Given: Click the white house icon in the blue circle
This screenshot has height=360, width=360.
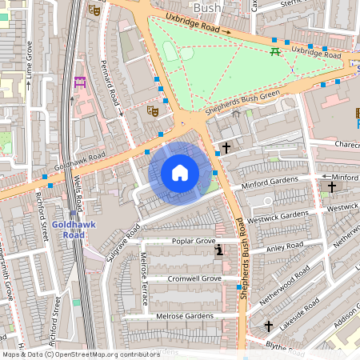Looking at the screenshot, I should tap(180, 173).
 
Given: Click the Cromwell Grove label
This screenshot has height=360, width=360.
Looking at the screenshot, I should tap(194, 278).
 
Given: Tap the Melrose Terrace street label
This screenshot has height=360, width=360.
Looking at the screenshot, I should tap(144, 279).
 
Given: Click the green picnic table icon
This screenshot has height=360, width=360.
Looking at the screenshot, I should tap(275, 51).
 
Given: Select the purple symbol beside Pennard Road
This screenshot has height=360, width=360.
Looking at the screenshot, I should tap(80, 82).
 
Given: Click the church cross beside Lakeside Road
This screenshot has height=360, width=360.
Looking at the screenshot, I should tap(269, 326).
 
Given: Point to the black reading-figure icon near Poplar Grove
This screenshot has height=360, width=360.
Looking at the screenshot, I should tap(219, 251).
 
